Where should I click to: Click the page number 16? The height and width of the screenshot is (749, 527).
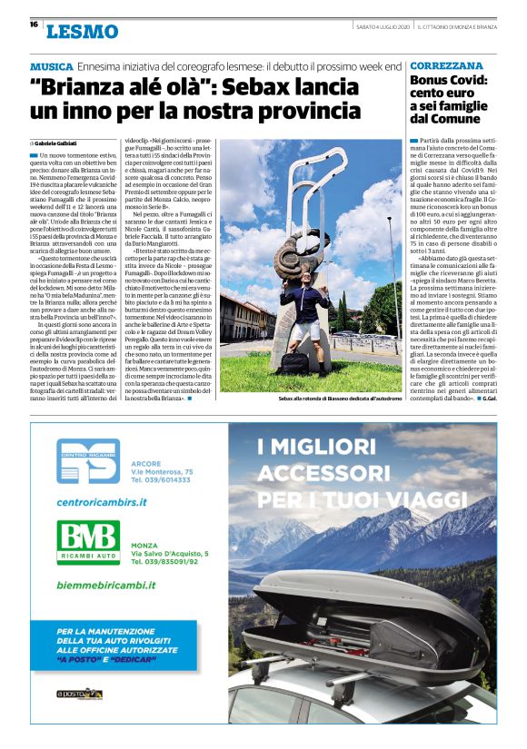(x=34, y=25)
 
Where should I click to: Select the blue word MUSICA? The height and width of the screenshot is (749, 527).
(x=51, y=68)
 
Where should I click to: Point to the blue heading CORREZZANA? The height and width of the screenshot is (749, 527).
(x=446, y=67)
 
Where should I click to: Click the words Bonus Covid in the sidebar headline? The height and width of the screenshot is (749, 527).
(x=449, y=81)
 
